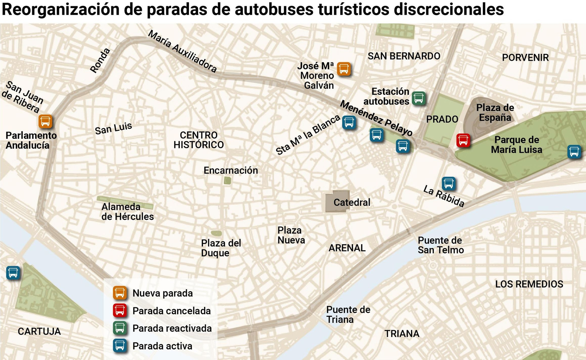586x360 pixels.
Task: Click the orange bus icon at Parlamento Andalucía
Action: click(45, 121)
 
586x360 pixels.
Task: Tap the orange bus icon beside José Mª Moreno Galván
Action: click(344, 69)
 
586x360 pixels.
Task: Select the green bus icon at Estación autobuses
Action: click(419, 98)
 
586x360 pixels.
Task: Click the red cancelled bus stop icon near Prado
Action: click(463, 140)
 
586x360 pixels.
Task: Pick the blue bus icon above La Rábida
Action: click(449, 183)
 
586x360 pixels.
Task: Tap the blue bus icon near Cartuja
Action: click(13, 273)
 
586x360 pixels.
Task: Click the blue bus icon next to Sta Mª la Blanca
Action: click(349, 122)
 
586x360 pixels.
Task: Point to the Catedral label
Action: click(352, 202)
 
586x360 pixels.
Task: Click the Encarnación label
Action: click(231, 170)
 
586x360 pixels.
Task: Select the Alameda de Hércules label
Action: click(127, 212)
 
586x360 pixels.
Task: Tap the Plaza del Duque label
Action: click(221, 248)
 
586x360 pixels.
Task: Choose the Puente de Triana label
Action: click(348, 315)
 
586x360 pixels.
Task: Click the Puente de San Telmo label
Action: click(441, 245)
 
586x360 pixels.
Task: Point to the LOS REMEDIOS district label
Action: click(529, 284)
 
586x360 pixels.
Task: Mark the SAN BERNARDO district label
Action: click(404, 56)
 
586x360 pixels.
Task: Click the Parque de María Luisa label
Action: click(516, 145)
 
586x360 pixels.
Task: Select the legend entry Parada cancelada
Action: click(171, 311)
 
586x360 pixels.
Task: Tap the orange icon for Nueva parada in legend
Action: click(120, 293)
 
